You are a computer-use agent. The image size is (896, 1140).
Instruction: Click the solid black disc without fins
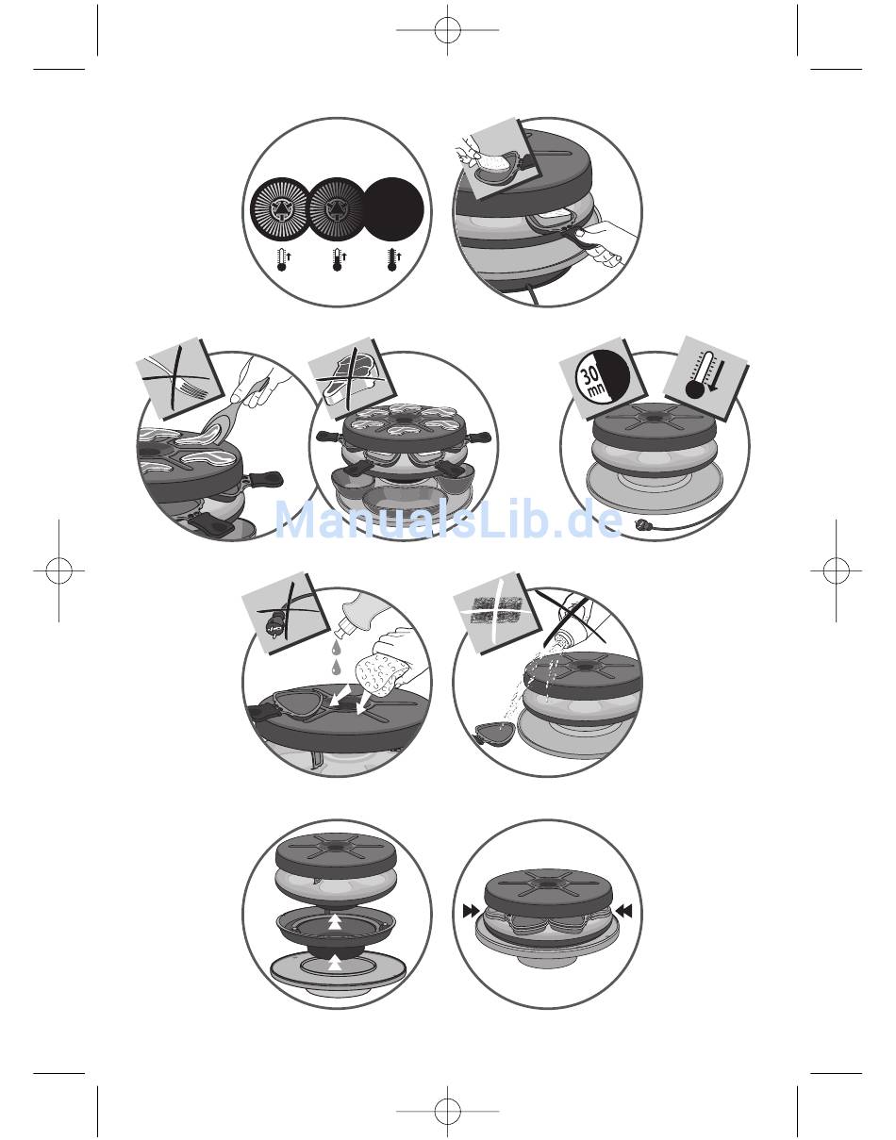point(394,209)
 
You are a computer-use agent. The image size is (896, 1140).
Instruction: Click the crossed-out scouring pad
point(492,611)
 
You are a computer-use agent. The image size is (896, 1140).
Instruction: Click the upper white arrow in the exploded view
point(335,922)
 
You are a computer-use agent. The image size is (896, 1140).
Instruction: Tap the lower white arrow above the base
point(335,960)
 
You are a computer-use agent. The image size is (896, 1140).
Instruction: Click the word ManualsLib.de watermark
point(449,520)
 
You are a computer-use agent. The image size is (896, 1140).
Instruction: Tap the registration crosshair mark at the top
point(447,30)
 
